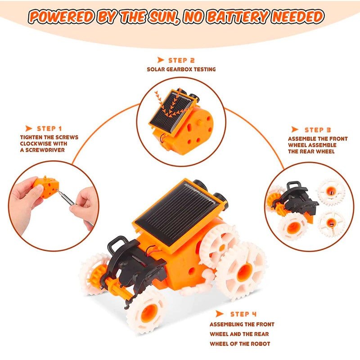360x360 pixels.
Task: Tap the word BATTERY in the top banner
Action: pyautogui.click(x=238, y=17)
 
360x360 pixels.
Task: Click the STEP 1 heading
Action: pyautogui.click(x=49, y=129)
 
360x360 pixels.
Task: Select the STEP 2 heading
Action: pyautogui.click(x=181, y=60)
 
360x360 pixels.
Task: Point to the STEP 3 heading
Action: pyautogui.click(x=318, y=130)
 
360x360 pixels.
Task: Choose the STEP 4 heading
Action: pyautogui.click(x=243, y=314)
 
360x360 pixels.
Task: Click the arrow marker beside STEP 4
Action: pyautogui.click(x=220, y=314)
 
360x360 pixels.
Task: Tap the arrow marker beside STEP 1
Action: pyautogui.click(x=29, y=128)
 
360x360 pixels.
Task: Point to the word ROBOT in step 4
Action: pyautogui.click(x=259, y=344)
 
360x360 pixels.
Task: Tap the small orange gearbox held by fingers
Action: pyautogui.click(x=46, y=186)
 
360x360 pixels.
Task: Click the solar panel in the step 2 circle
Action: pyautogui.click(x=173, y=112)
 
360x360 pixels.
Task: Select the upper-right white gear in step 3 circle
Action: pyautogui.click(x=331, y=192)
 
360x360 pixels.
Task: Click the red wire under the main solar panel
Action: pyautogui.click(x=152, y=250)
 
